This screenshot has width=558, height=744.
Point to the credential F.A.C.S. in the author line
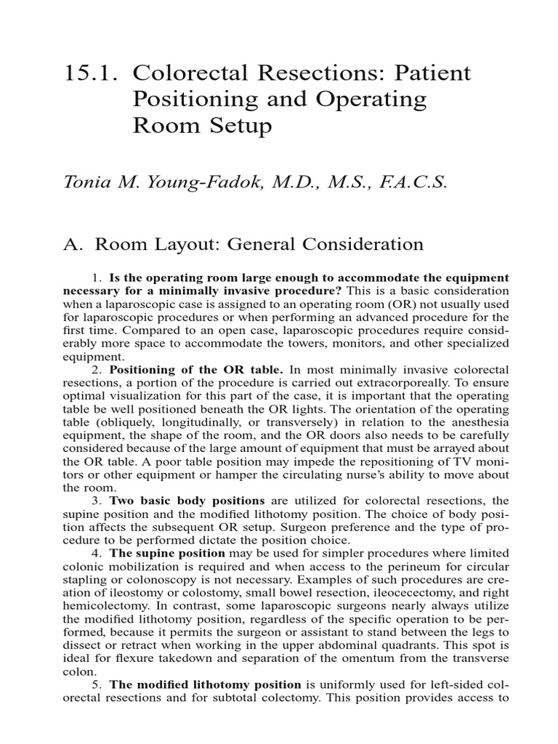[x=413, y=182]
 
